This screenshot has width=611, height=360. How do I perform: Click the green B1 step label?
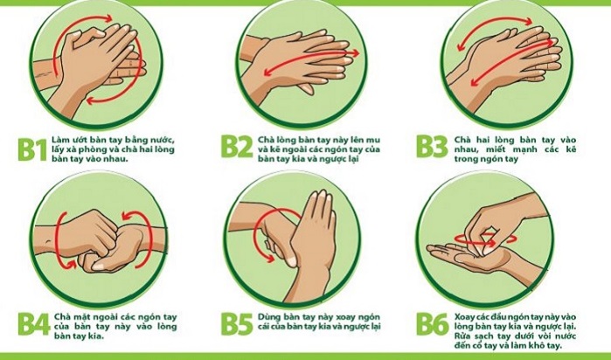click(x=32, y=149)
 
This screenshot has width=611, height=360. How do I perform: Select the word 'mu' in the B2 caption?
click(x=374, y=140)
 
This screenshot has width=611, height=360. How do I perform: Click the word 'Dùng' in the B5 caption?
click(x=267, y=317)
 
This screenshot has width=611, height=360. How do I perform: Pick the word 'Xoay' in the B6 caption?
click(x=464, y=317)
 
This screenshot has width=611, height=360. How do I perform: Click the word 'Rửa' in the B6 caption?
click(x=462, y=336)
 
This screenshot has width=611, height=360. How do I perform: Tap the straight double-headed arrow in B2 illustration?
click(x=312, y=61)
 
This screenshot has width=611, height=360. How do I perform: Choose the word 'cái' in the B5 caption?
click(x=265, y=327)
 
